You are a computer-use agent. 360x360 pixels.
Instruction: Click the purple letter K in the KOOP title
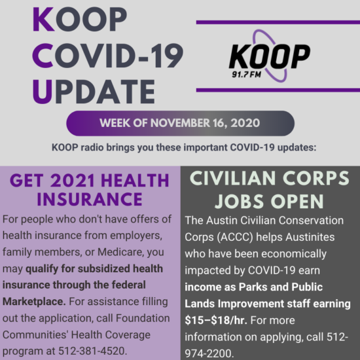[44, 19]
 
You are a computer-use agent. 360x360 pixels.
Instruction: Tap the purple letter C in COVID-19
[43, 56]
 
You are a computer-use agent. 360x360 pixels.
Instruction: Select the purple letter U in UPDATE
[43, 92]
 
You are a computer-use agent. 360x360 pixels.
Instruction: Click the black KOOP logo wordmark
[270, 56]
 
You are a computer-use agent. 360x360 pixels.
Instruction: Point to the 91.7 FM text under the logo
[246, 75]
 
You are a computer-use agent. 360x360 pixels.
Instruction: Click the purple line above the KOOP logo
[278, 22]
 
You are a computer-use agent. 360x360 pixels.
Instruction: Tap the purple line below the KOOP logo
[278, 90]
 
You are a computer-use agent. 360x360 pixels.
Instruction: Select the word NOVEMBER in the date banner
[180, 123]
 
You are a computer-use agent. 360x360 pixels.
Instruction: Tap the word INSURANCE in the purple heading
[90, 199]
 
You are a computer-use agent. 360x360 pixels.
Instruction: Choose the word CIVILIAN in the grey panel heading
[233, 179]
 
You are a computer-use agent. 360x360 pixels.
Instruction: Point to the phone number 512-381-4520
[92, 351]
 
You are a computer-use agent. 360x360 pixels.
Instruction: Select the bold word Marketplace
[34, 302]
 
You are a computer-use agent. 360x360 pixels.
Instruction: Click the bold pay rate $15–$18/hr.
[216, 320]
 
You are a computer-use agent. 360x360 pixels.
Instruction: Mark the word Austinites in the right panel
[310, 237]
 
